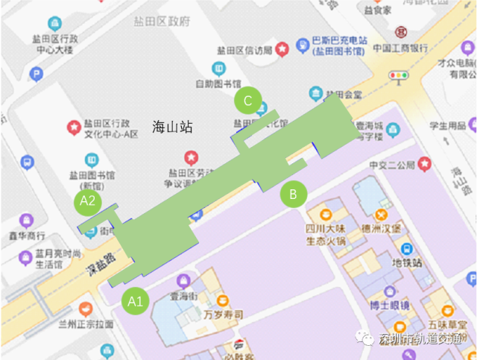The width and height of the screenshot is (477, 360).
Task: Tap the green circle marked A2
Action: point(88,200)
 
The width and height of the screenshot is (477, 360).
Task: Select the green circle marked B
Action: point(293,195)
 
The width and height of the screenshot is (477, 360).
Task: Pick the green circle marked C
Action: point(247,99)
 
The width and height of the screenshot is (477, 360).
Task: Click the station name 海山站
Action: point(172,127)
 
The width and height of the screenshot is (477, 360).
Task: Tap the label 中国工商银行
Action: point(400,48)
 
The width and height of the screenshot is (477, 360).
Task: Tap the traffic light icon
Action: point(400,75)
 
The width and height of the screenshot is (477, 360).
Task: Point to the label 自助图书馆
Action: point(217,83)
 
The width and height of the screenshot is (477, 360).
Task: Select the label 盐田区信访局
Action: point(244,50)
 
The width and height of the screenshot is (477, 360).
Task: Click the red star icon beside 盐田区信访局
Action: point(282,50)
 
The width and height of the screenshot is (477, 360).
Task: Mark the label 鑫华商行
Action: point(28,236)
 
